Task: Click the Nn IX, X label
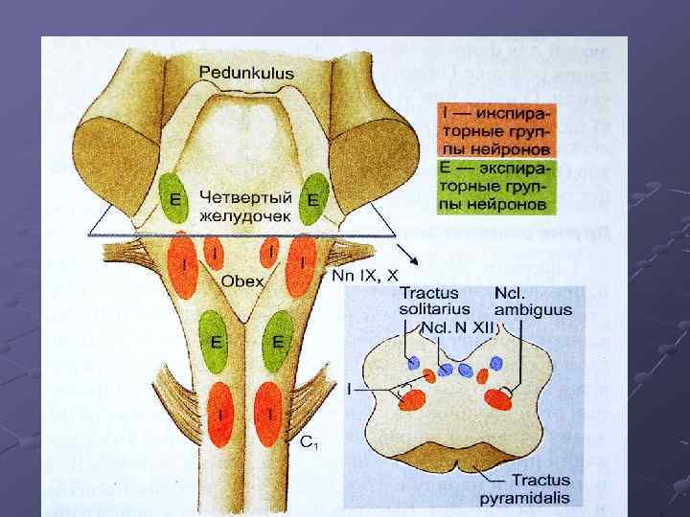364,276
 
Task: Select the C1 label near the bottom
309,442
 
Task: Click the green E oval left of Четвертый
174,198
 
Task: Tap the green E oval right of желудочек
313,199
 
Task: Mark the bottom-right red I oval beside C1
272,414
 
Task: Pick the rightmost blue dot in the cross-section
496,363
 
